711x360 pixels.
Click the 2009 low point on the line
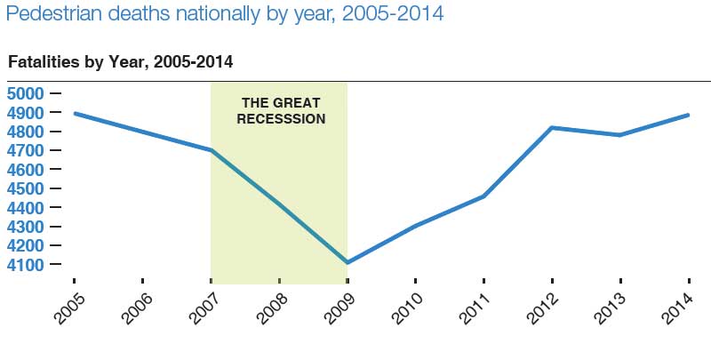[x=348, y=262]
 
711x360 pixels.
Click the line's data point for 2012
[x=552, y=128]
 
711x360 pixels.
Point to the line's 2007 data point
[x=212, y=150]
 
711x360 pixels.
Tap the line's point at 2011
[x=483, y=196]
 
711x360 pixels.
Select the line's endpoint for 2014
[x=688, y=116]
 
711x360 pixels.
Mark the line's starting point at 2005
[x=75, y=114]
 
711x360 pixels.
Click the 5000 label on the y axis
[x=26, y=93]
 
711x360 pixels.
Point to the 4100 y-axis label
[x=26, y=264]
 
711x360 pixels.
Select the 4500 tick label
[x=26, y=188]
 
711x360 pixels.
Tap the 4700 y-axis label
[x=26, y=150]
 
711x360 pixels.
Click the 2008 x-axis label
[x=272, y=308]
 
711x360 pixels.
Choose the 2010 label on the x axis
[x=408, y=308]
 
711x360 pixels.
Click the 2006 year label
[x=137, y=308]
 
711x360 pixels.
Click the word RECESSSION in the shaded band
[x=281, y=119]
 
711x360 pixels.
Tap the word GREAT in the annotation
[x=297, y=103]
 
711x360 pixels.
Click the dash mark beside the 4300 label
[x=55, y=227]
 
